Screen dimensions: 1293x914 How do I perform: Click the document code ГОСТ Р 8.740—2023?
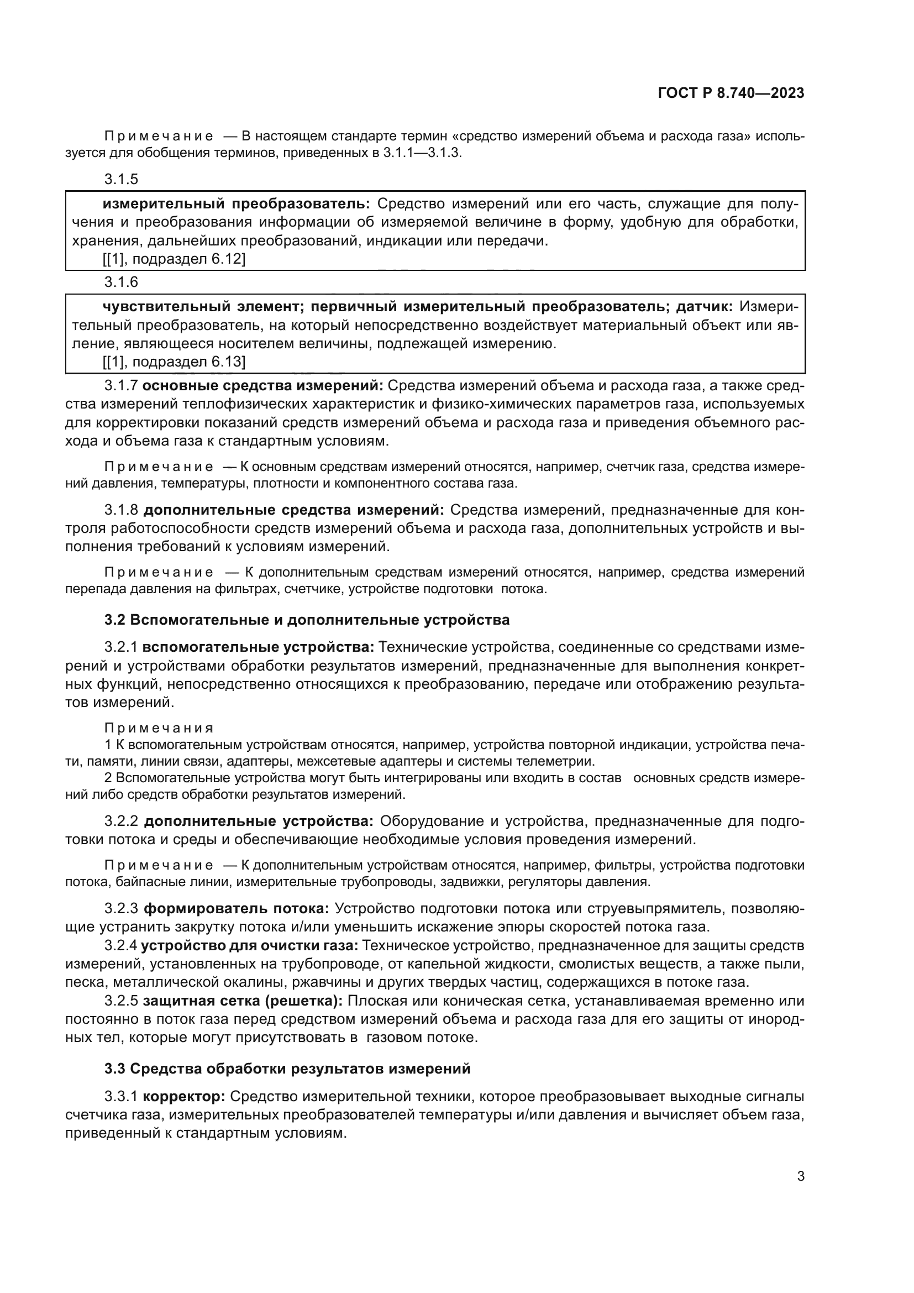coord(731,93)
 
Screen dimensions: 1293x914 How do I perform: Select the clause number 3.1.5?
coord(121,179)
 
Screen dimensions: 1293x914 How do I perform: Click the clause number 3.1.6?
coord(121,281)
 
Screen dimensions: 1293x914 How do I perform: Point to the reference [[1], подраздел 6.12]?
coord(174,259)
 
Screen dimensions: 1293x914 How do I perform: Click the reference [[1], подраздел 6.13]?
coord(174,362)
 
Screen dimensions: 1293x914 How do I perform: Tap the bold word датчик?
coord(703,307)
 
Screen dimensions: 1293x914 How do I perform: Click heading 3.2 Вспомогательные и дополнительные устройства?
coord(307,620)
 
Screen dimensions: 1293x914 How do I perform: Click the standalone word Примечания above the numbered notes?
coord(159,728)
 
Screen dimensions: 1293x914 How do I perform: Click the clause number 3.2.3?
coord(121,908)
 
